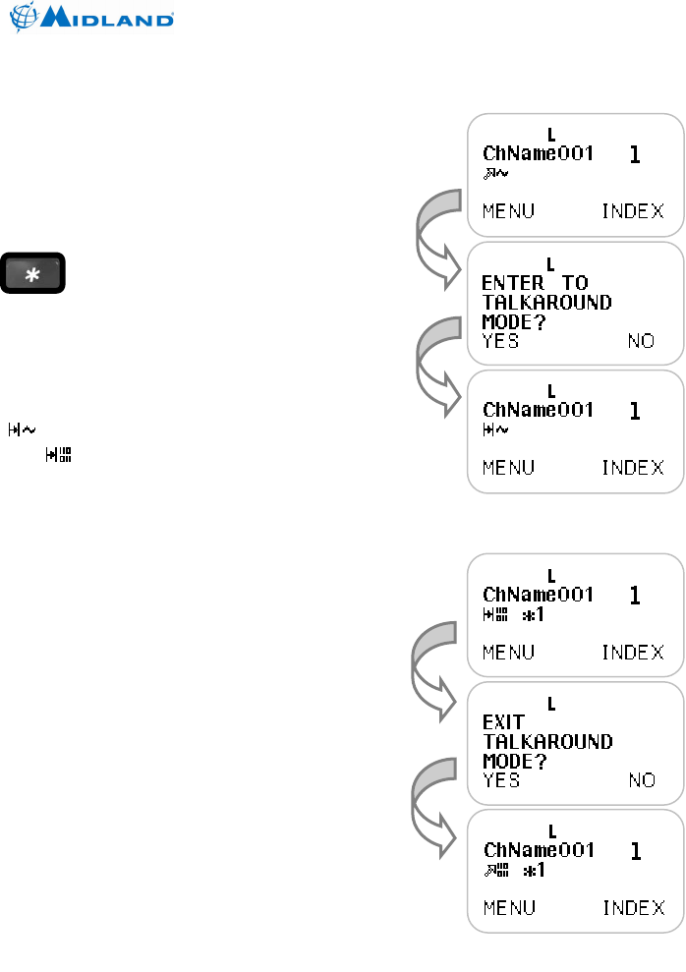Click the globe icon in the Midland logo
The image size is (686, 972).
tap(25, 19)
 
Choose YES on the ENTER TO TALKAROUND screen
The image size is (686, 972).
tap(501, 341)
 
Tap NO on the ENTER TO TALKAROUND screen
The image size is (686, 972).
tap(641, 341)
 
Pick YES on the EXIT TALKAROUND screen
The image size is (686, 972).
tap(501, 780)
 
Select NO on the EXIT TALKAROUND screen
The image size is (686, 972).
tap(641, 780)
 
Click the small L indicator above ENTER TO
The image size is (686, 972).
tap(551, 263)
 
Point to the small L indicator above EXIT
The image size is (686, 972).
tap(551, 703)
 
